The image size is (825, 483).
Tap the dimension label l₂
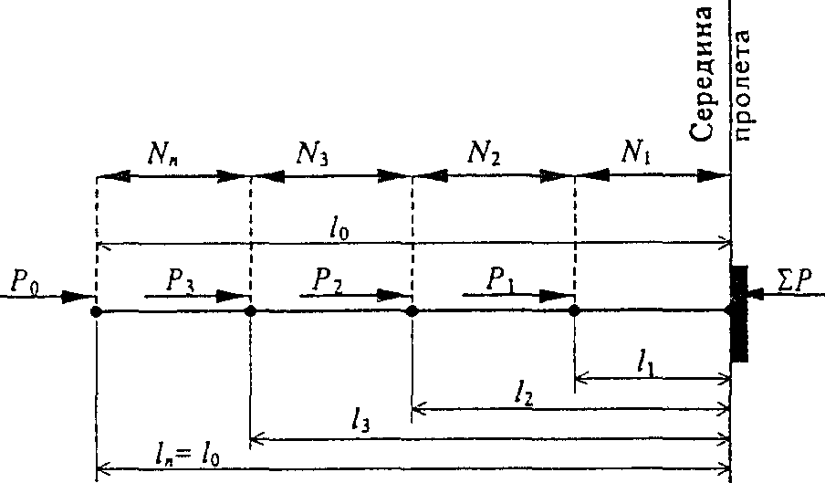(x=523, y=395)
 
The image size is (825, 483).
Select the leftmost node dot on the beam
(x=96, y=311)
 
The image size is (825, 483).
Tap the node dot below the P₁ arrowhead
(x=574, y=311)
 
